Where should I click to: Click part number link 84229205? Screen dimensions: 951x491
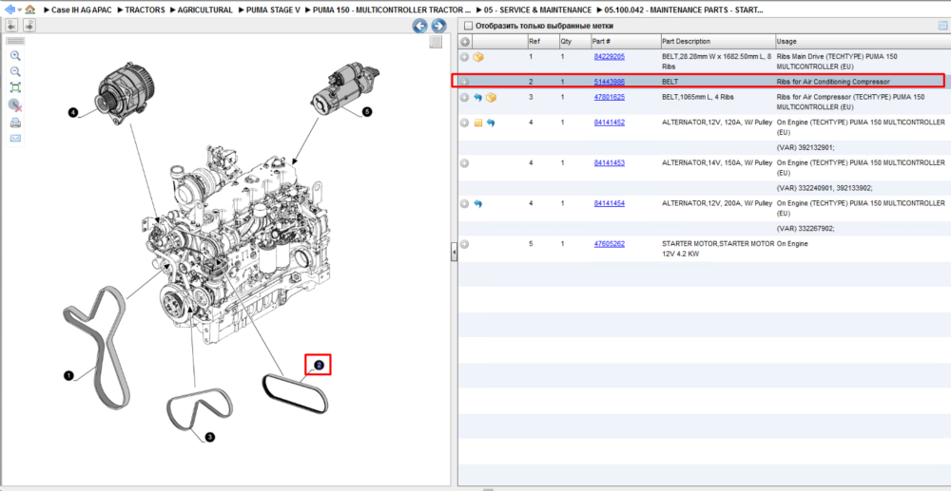609,56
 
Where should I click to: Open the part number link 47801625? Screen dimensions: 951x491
609,97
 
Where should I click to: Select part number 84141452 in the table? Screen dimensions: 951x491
609,123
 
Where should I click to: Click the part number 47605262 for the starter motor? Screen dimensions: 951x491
609,244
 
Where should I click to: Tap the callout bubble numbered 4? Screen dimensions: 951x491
73,113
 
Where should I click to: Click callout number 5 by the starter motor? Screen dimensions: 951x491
366,112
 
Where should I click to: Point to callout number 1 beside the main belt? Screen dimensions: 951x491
68,376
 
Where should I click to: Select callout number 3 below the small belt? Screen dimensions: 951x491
210,437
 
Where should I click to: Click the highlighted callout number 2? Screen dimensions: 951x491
319,365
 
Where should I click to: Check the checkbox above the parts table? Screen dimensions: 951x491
468,26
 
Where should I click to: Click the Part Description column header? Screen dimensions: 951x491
686,41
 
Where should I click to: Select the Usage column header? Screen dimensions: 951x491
786,41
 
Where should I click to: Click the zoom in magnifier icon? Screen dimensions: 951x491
16,56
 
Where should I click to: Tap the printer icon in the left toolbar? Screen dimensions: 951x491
16,123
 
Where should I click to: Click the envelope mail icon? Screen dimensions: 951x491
16,139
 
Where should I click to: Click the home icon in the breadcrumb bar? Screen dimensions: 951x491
29,9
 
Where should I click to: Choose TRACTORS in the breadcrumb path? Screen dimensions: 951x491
145,10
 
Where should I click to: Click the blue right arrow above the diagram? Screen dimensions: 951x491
438,26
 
